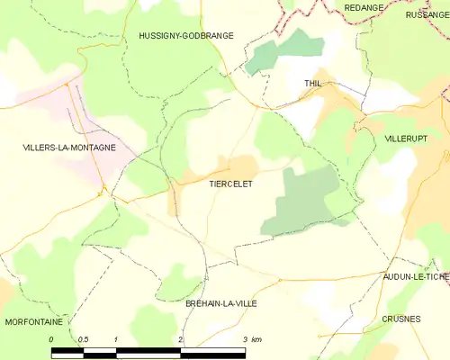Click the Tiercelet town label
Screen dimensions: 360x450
pos(230,184)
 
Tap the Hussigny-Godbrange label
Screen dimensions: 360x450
pos(186,35)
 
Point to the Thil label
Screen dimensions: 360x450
pos(313,83)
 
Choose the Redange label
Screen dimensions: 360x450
pos(364,7)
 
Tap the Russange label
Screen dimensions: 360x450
pos(427,14)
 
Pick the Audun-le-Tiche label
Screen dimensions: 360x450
pos(415,276)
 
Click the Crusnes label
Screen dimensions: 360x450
pos(400,319)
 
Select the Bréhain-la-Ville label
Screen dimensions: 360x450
pos(220,303)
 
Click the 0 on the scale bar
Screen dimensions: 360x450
pos(52,339)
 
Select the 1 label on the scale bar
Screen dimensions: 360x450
pos(117,339)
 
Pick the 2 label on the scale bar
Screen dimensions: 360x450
pos(181,339)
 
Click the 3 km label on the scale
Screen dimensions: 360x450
pos(251,339)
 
